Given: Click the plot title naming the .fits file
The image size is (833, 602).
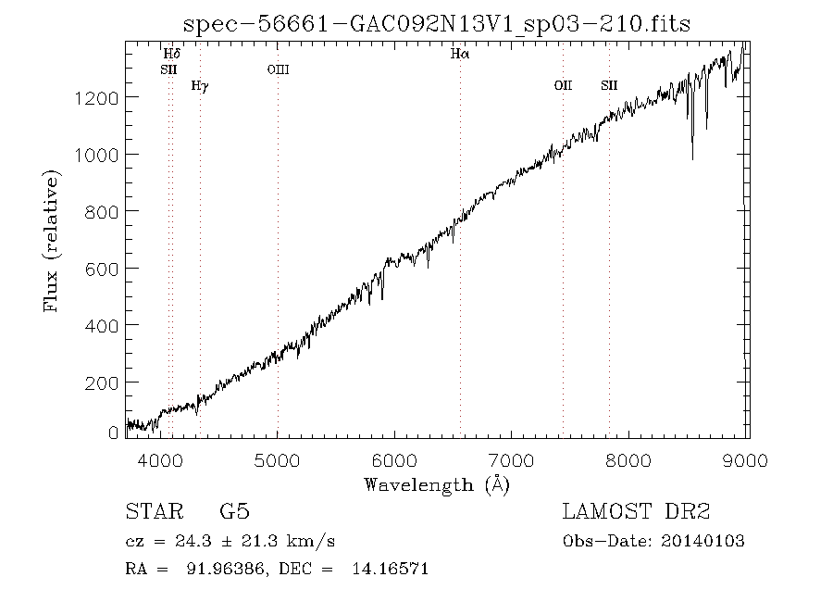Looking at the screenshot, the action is [x=437, y=24].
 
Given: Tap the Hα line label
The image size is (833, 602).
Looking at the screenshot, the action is [x=460, y=54].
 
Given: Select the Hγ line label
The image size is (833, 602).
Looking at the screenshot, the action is [x=200, y=86].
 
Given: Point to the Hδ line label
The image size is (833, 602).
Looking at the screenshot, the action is [x=172, y=54].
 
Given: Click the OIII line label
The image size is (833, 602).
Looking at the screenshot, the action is [x=279, y=69].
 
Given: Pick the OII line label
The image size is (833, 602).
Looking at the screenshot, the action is [x=563, y=85].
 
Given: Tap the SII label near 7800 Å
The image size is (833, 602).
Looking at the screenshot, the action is [x=609, y=85].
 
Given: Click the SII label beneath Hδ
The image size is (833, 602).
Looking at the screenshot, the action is [x=169, y=69].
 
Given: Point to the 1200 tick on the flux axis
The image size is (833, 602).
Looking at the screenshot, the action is [x=96, y=98].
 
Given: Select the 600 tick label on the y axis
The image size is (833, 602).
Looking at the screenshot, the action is [x=102, y=270].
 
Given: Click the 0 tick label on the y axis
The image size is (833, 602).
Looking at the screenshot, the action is [x=113, y=433].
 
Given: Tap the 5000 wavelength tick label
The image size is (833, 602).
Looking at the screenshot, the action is [x=277, y=460].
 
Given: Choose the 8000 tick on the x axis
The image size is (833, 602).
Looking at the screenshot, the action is [x=628, y=460].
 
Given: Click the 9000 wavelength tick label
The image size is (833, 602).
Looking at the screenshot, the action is [x=745, y=460].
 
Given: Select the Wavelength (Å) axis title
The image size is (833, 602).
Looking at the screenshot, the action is [x=437, y=485].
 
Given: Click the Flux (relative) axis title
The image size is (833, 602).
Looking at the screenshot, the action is [x=51, y=241].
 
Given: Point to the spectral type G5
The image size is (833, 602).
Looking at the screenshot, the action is [x=234, y=511].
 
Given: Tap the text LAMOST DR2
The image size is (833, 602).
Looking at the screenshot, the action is [x=636, y=511].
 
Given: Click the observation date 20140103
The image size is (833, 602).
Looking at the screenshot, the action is [x=702, y=542].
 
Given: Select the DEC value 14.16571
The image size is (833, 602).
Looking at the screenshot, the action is [x=390, y=569].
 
